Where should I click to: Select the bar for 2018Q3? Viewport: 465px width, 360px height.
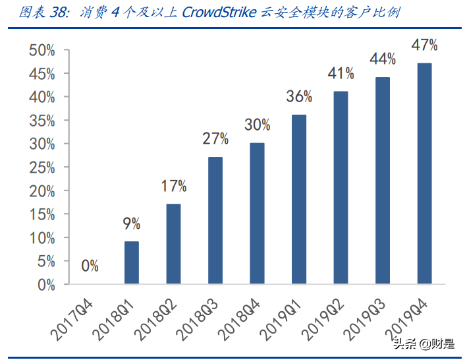[215, 221]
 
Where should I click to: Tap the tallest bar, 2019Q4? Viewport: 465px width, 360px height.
[424, 174]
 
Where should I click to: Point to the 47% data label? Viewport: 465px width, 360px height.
[424, 45]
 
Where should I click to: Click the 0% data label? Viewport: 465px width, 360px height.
[90, 266]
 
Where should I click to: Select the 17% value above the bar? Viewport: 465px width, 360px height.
[174, 186]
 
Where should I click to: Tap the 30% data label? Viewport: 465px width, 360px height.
[257, 125]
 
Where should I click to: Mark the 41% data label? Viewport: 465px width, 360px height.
[341, 74]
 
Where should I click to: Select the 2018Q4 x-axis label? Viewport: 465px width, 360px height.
[240, 315]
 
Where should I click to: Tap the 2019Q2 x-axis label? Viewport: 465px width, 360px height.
[324, 315]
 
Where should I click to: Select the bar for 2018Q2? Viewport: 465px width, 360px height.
[174, 245]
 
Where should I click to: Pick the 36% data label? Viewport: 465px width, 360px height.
[299, 97]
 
